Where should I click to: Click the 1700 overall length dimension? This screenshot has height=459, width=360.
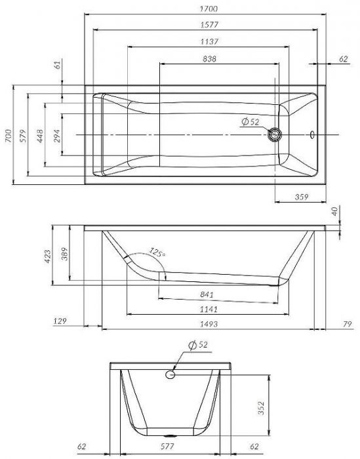[x=209, y=9]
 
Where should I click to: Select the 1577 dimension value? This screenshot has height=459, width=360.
[x=209, y=25]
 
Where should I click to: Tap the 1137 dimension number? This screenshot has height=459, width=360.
[x=209, y=41]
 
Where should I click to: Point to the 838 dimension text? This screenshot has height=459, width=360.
[x=210, y=59]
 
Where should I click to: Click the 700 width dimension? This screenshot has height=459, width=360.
[x=8, y=136]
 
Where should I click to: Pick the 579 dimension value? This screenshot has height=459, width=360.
[x=23, y=136]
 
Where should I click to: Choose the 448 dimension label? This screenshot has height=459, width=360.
[x=40, y=136]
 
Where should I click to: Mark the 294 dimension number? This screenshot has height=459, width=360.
[x=57, y=136]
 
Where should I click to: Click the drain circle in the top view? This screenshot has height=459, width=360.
[x=275, y=134]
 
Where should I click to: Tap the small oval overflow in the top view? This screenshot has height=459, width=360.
[x=312, y=134]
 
